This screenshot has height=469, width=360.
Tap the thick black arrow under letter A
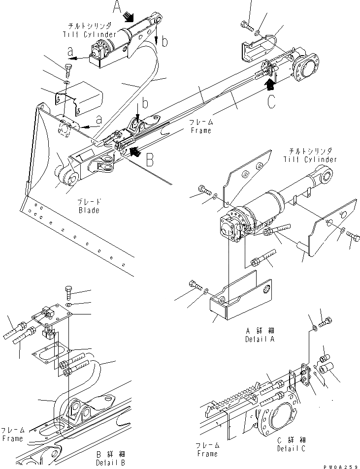click(x=129, y=18)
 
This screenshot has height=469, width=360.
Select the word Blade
click(x=88, y=211)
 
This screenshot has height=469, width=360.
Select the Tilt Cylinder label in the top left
click(x=90, y=34)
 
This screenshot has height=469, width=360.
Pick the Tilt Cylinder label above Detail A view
click(x=310, y=159)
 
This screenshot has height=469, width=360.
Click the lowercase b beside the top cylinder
click(x=164, y=42)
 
